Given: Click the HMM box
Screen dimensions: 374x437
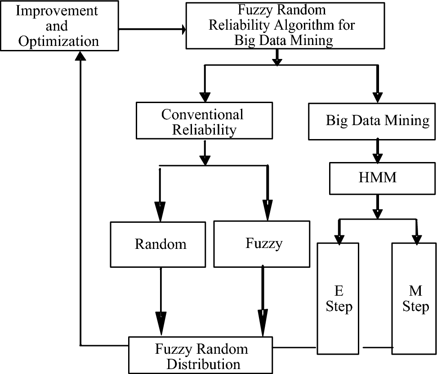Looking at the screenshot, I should pyautogui.click(x=378, y=177).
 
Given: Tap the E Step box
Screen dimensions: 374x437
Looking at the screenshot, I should pyautogui.click(x=339, y=299).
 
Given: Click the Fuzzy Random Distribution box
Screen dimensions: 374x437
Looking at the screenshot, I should pyautogui.click(x=201, y=356).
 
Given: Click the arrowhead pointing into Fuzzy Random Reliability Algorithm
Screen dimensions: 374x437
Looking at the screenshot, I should pyautogui.click(x=183, y=30).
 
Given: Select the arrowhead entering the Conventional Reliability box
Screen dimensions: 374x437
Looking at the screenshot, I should pyautogui.click(x=205, y=95).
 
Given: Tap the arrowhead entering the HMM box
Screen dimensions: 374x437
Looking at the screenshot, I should pyautogui.click(x=378, y=158).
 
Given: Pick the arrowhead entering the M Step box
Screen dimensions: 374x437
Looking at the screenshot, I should pyautogui.click(x=415, y=238).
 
